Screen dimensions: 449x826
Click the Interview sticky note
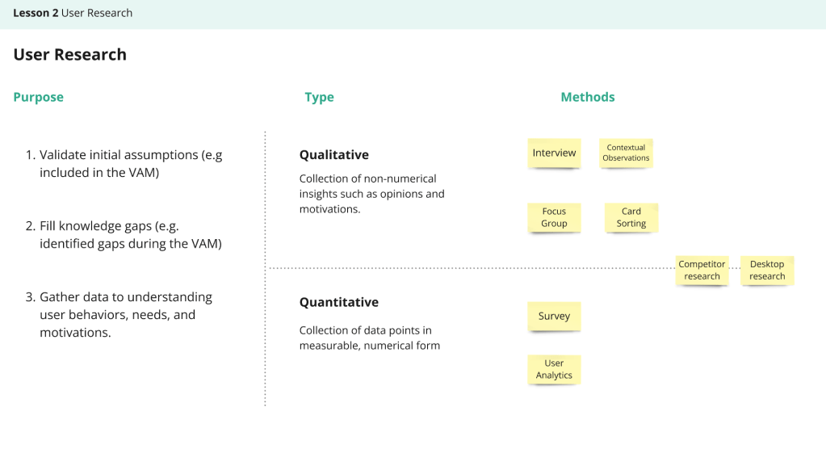(554, 153)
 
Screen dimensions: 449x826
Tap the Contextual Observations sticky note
(626, 153)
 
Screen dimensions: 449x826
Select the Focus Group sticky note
(554, 217)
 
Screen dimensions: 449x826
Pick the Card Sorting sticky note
(631, 217)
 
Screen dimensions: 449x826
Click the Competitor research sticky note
(702, 270)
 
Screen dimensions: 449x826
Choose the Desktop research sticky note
(766, 270)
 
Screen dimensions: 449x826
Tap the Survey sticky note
(554, 316)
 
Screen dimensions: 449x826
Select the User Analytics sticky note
(554, 369)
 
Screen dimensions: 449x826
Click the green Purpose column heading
(38, 97)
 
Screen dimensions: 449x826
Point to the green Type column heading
(319, 97)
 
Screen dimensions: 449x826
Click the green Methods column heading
(588, 97)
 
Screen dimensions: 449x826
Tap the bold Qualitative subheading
(333, 154)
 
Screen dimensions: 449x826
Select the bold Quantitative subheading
(338, 302)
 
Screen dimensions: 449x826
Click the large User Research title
(70, 55)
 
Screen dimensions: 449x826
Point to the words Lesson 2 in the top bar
(36, 13)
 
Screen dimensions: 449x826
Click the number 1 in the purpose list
(30, 154)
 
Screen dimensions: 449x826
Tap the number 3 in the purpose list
(30, 296)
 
